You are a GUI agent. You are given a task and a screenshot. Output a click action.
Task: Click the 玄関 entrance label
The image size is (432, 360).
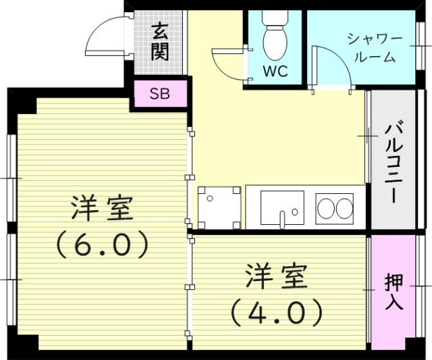coord(160,42)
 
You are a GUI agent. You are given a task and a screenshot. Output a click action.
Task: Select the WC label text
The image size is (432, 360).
coord(274,70)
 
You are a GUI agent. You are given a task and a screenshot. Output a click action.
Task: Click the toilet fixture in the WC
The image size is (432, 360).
coord(274,41)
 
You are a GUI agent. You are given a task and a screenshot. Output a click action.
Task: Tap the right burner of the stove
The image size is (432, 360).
coord(344,209)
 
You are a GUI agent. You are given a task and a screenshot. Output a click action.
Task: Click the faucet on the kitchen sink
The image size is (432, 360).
coord(283,217)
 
